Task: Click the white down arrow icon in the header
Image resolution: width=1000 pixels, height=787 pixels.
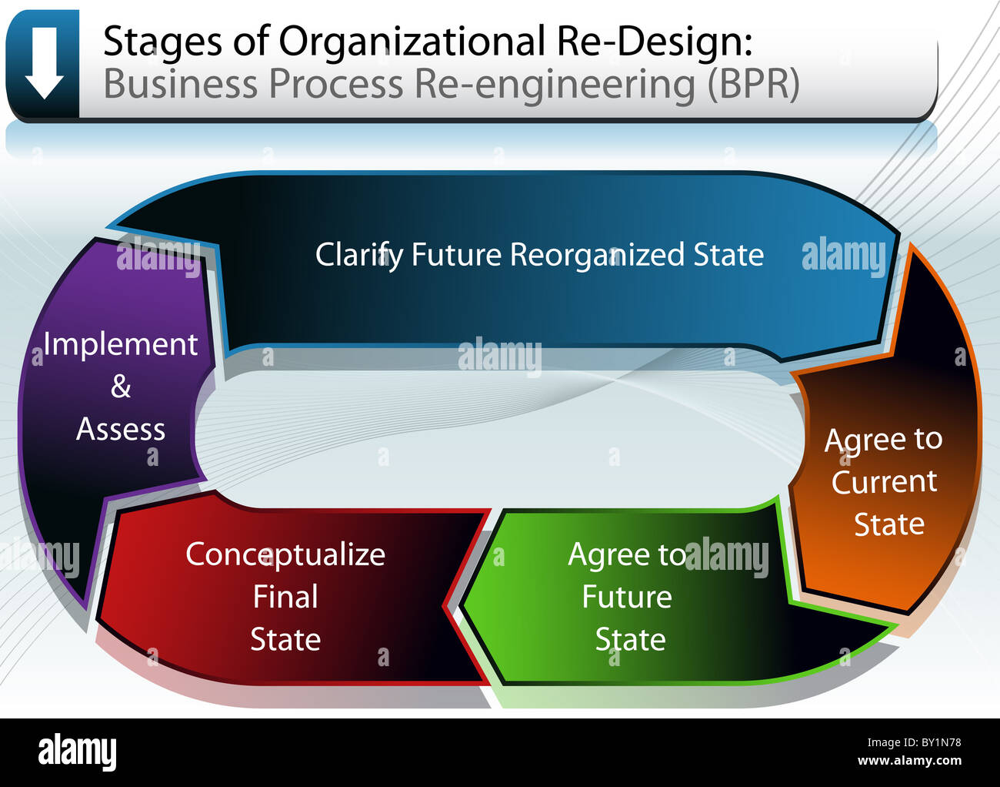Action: tap(43, 62)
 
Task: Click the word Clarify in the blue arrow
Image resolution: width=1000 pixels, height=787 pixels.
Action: tap(358, 255)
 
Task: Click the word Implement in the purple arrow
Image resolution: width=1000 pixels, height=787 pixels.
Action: tap(120, 344)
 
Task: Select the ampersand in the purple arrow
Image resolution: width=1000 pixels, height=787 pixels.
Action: tap(120, 387)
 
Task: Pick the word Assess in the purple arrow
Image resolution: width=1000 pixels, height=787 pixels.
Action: tap(120, 429)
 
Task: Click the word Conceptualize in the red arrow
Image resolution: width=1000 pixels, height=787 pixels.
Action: tap(285, 554)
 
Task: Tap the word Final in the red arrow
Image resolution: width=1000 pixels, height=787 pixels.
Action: tap(285, 597)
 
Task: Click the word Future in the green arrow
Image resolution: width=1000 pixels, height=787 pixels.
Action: tap(626, 597)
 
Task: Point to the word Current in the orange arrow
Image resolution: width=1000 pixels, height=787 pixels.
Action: tap(884, 482)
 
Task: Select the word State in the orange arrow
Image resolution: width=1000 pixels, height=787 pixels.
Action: tap(888, 524)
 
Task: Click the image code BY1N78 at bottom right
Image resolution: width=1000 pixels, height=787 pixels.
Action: tap(932, 743)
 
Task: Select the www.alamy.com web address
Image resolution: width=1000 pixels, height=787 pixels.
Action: tap(908, 761)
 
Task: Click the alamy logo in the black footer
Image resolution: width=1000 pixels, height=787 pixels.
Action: tap(77, 752)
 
